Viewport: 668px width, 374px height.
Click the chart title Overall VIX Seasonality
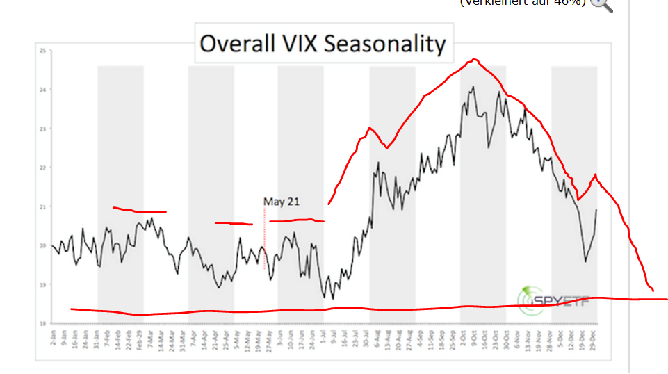(323, 44)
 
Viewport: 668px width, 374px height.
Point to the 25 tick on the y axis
(42, 51)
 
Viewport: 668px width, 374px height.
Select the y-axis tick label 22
(42, 168)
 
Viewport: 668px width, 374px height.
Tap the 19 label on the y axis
(42, 284)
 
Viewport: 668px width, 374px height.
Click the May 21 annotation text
(281, 202)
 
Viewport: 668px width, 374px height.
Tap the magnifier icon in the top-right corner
(601, 3)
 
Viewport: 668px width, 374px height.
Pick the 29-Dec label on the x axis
(596, 341)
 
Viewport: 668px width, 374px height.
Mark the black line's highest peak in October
(473, 87)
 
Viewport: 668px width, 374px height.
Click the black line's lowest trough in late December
(585, 261)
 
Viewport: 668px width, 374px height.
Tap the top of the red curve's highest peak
(474, 60)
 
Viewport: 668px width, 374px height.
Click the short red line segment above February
(139, 211)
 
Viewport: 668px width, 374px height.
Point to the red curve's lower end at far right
(653, 290)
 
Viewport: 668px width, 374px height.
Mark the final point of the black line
(596, 209)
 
